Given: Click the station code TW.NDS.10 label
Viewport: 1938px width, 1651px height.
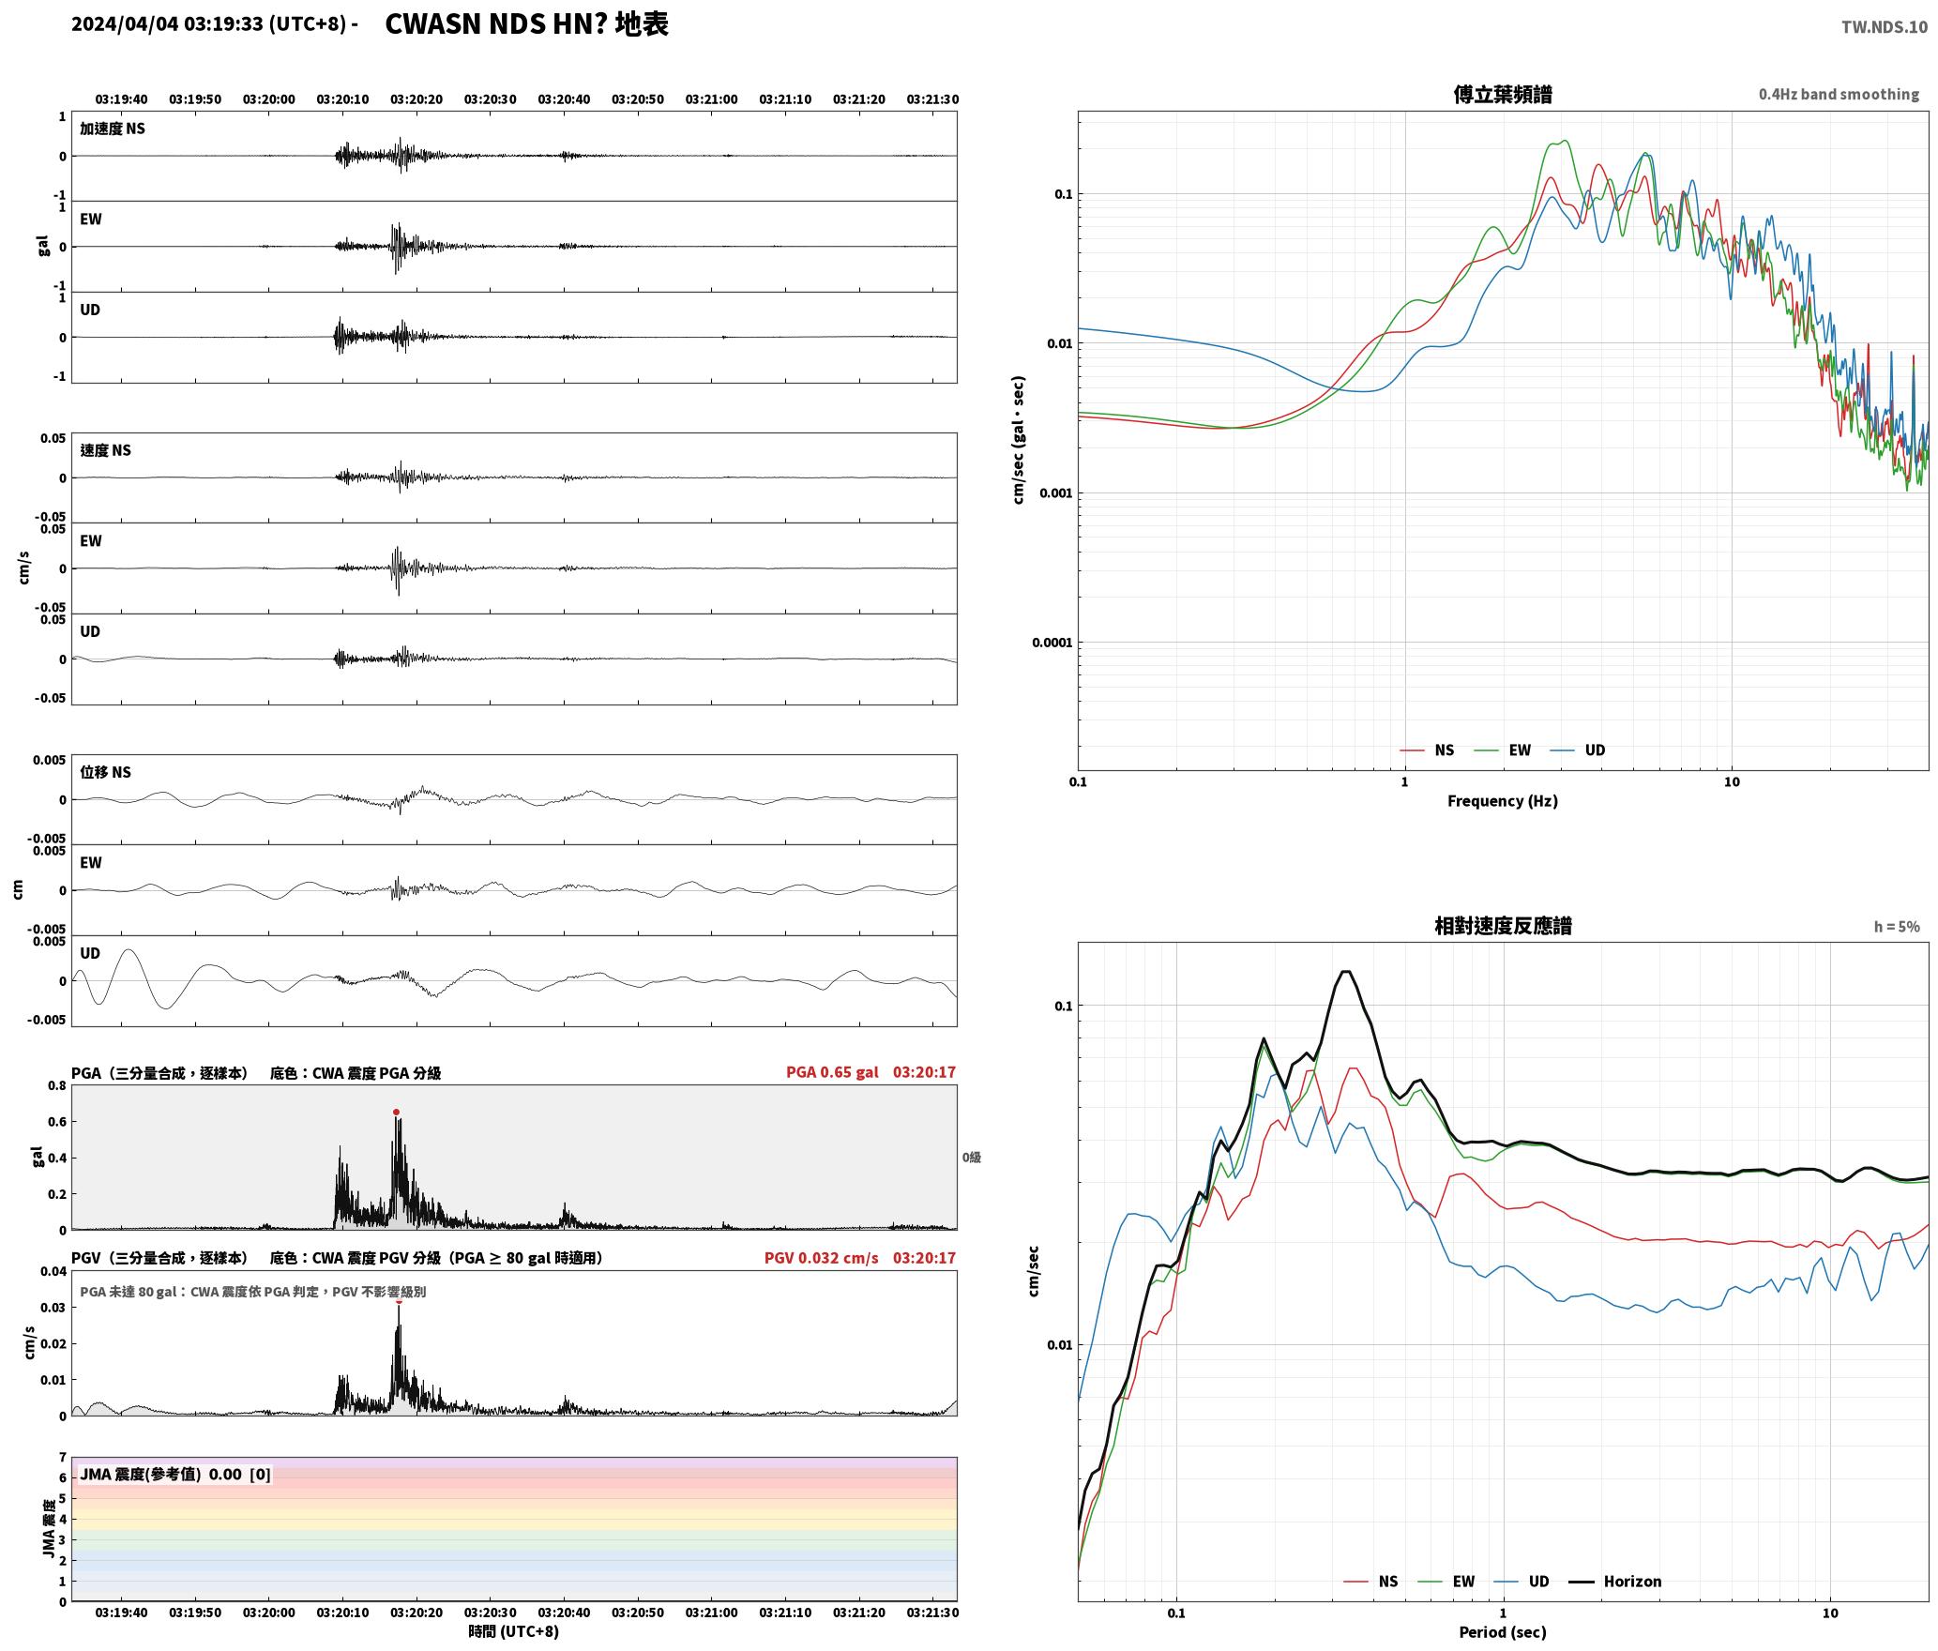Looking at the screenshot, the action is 1884,27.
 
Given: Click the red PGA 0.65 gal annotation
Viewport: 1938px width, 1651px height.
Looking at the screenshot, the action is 832,1072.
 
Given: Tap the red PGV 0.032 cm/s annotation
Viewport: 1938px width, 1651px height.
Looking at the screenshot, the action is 821,1258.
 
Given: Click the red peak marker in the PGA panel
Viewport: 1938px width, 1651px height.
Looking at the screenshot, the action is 396,1112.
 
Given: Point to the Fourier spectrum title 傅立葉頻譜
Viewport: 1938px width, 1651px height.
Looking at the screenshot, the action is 1502,95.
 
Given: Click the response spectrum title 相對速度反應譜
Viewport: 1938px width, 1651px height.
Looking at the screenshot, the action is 1503,926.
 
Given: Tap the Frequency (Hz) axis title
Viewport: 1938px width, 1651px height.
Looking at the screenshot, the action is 1502,801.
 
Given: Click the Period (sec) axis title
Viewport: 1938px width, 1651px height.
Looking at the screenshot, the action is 1502,1632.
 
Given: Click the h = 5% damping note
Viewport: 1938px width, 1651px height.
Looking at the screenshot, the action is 1897,927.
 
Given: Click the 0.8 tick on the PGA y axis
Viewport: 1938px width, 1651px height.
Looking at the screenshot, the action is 57,1086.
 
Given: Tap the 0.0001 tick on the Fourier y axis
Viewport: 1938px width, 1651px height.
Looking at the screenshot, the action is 1052,643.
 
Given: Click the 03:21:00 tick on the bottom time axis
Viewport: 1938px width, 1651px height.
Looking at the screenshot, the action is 711,1613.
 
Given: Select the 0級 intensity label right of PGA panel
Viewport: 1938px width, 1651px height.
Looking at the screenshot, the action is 971,1158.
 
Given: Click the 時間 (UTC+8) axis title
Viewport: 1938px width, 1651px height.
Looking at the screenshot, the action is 513,1631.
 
